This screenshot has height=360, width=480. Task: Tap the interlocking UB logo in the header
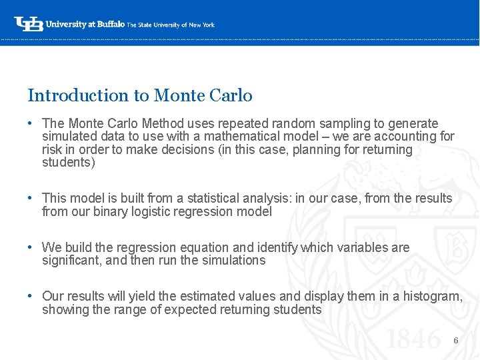(x=29, y=24)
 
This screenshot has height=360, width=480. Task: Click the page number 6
(x=456, y=341)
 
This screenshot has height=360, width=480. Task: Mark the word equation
(x=217, y=247)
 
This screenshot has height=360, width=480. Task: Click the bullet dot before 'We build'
(x=31, y=247)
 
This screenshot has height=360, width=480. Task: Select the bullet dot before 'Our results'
(x=31, y=296)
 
